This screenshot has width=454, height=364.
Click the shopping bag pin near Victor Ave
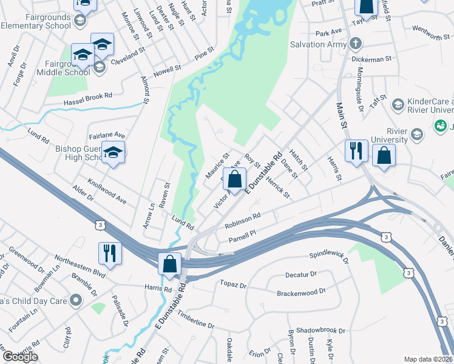(x=234, y=180)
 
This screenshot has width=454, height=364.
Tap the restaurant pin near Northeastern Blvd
(x=110, y=253)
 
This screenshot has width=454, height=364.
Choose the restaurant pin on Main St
(x=356, y=150)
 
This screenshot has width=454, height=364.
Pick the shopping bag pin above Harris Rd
(x=170, y=264)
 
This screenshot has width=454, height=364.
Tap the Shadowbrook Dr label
(x=317, y=331)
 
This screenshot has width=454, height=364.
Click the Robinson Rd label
(x=242, y=220)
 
